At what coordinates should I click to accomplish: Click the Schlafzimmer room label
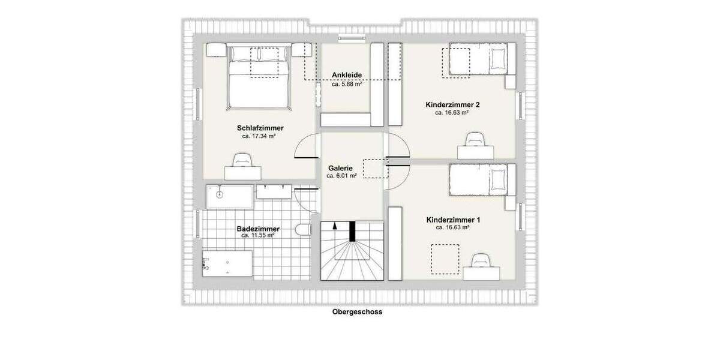(260, 128)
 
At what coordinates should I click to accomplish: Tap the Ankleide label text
(347, 76)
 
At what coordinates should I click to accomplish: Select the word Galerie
(340, 168)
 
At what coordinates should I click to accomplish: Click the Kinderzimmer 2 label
(452, 104)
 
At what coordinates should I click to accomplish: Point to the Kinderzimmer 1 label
(453, 220)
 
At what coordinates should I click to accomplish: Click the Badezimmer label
(258, 228)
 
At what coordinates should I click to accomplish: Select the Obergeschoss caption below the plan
(357, 312)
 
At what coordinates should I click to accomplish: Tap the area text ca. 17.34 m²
(259, 136)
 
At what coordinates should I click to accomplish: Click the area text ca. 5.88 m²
(347, 84)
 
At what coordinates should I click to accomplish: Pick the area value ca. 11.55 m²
(257, 236)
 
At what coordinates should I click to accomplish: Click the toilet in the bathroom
(303, 230)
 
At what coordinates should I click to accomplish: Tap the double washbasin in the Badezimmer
(274, 191)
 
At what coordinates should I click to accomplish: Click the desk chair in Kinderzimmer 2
(475, 140)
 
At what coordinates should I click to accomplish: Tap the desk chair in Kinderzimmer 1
(481, 260)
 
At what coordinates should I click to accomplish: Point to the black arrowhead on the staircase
(334, 227)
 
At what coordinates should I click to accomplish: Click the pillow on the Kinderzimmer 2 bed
(498, 59)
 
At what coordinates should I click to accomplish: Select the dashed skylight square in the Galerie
(376, 169)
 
